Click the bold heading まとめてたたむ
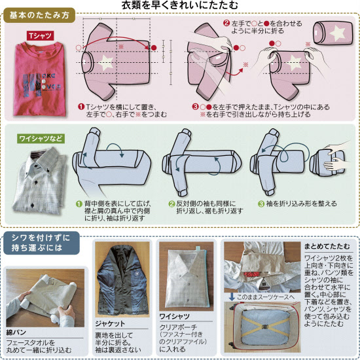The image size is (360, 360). point(327,246)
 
